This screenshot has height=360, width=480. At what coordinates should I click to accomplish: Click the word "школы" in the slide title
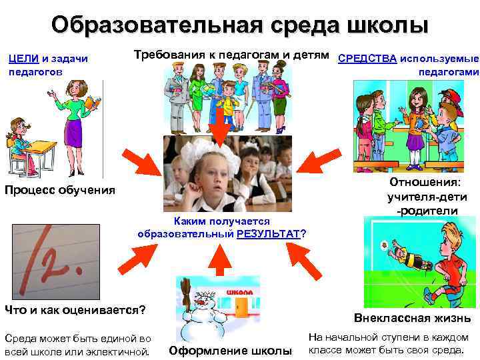[x=387, y=26]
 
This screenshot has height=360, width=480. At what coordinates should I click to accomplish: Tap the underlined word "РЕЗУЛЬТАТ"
[x=269, y=233]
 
